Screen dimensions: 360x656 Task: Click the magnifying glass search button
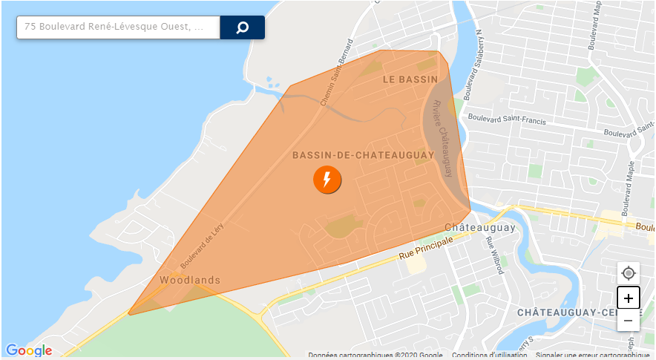pos(242,27)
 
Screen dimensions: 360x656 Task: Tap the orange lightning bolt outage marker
pos(327,180)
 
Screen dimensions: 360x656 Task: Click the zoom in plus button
pos(629,298)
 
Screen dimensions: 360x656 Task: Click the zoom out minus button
pos(629,321)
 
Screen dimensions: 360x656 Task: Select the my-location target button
pos(629,273)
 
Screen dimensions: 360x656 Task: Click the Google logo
pos(29,350)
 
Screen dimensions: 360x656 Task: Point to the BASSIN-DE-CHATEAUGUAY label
pos(363,155)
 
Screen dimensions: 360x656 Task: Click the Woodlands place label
pos(190,280)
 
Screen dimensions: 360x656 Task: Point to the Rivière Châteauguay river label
pos(443,138)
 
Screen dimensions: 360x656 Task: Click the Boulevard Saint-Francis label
pos(507,120)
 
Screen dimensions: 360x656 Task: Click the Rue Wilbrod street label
pos(494,254)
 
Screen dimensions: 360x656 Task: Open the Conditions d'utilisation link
pos(490,355)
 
